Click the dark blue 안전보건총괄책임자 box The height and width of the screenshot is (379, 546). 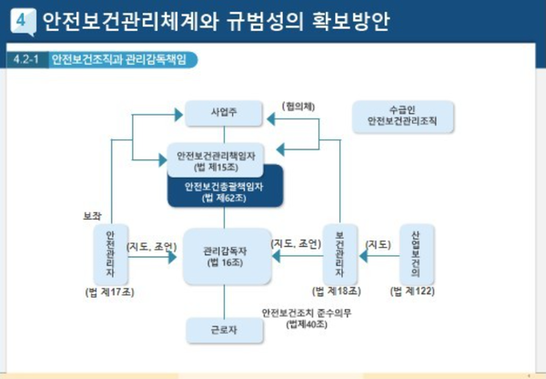click(227, 191)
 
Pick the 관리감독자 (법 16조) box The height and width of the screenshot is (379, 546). click(227, 255)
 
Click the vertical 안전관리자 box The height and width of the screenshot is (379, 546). click(110, 254)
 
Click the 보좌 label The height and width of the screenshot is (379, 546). click(93, 216)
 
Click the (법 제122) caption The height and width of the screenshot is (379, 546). click(414, 292)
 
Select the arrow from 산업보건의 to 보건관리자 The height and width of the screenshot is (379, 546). click(379, 258)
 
